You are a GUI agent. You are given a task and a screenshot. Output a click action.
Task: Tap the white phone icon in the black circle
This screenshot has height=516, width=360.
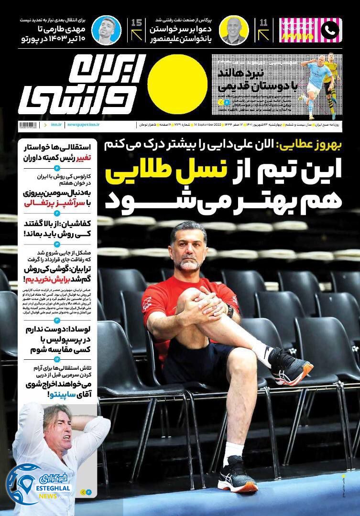click(x=330, y=30)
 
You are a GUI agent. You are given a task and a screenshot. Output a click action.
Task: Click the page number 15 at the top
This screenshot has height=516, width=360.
click(x=135, y=22)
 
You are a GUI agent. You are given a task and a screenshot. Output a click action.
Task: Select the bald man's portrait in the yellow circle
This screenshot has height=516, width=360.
click(x=231, y=30)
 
